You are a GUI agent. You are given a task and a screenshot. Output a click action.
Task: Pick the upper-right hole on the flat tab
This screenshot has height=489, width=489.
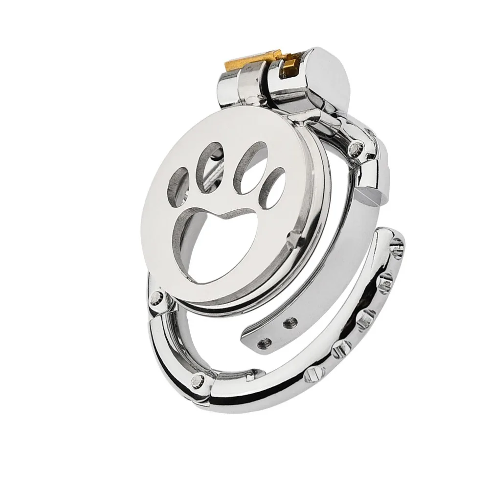(289, 322)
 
